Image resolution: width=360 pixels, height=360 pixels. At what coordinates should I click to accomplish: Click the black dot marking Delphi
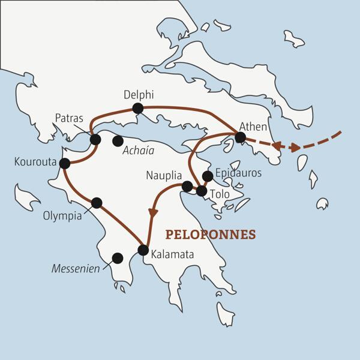pos(137,108)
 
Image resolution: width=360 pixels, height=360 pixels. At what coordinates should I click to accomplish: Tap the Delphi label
pos(138,95)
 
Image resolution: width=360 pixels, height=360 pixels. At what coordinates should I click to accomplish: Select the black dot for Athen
pos(240,137)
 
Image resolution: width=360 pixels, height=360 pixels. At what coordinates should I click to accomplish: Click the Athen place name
pos(252,126)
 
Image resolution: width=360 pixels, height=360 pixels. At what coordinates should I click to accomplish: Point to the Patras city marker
pos(95,139)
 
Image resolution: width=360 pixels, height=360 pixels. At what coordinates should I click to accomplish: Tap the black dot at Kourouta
pos(65,163)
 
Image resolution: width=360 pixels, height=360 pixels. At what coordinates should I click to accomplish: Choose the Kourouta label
pos(35,162)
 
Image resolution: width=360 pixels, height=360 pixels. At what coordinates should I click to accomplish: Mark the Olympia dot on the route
pos(97,202)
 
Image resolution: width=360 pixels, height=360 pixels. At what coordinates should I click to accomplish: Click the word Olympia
pos(62,216)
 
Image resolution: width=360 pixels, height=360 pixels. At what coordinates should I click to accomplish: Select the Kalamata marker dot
pos(143,250)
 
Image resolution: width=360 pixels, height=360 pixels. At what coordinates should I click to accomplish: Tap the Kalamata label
pos(173,255)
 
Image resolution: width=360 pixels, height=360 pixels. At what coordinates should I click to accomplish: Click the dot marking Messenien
pos(118,258)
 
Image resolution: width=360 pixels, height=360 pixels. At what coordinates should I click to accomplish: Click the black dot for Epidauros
pos(208,176)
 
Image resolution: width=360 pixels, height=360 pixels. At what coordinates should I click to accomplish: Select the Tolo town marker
pos(202,191)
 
